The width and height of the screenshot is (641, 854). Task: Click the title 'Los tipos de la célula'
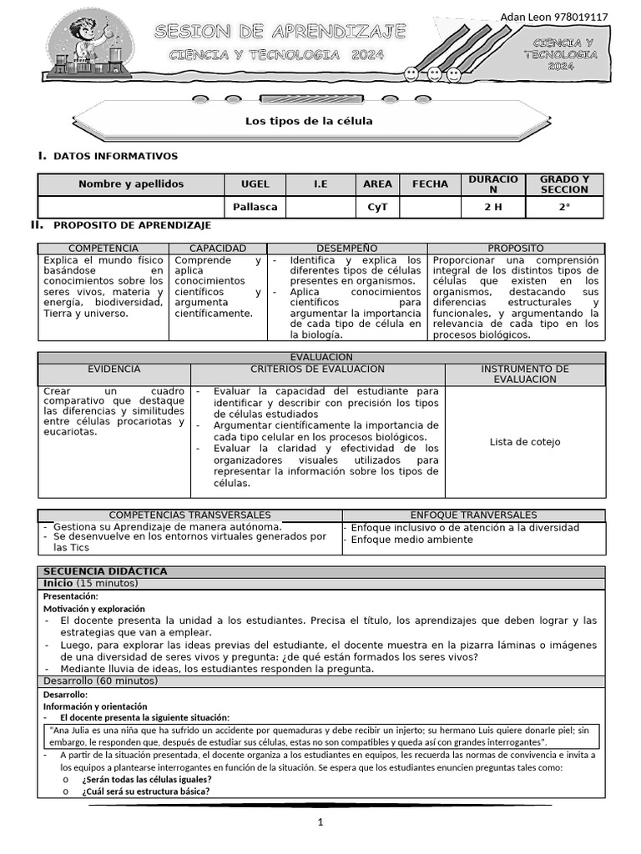(309, 121)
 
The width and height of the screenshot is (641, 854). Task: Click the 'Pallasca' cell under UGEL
(255, 207)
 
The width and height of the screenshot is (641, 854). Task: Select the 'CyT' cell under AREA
(377, 207)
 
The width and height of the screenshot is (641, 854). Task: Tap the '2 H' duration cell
(492, 207)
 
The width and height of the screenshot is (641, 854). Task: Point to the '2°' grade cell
(564, 207)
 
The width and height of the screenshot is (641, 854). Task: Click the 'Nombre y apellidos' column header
(131, 183)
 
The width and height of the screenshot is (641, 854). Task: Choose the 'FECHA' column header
(430, 183)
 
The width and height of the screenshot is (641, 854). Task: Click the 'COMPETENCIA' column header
(103, 249)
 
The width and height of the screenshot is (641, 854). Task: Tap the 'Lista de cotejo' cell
(525, 442)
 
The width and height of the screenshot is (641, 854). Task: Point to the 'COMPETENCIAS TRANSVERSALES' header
(190, 515)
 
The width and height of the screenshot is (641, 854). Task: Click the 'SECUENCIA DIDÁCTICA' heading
(105, 571)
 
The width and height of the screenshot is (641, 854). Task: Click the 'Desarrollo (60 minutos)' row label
(100, 681)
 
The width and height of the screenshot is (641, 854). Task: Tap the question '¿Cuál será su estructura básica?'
(146, 791)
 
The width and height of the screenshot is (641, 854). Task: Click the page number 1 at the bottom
(320, 822)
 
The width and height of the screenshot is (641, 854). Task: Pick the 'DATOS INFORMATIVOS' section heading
(115, 156)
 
